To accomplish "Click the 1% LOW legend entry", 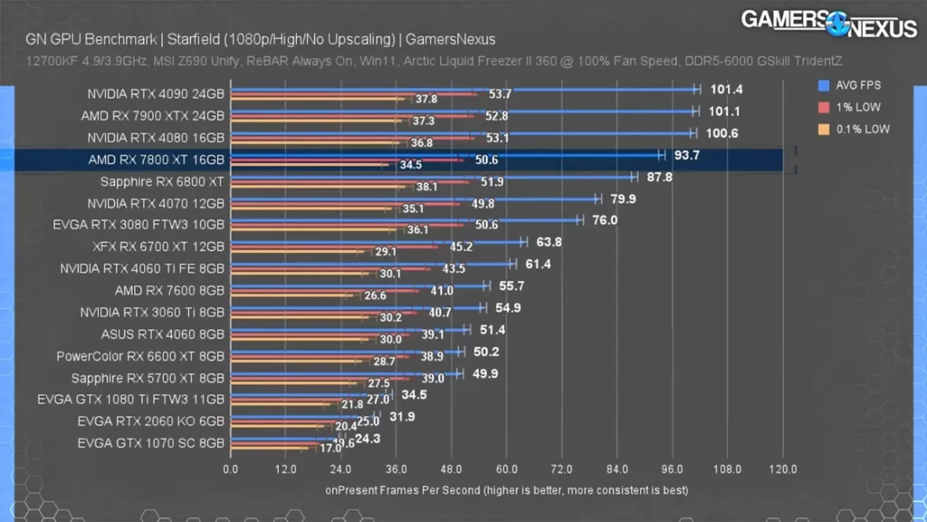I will pyautogui.click(x=855, y=108).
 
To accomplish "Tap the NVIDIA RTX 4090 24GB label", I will pyautogui.click(x=156, y=93).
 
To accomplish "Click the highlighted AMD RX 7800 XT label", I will pyautogui.click(x=156, y=159).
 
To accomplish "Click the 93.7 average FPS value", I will pyautogui.click(x=686, y=155).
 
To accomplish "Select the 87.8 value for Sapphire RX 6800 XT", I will pyautogui.click(x=659, y=177).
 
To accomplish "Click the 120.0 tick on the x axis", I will pyautogui.click(x=783, y=469).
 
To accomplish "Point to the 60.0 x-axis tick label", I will pyautogui.click(x=507, y=469).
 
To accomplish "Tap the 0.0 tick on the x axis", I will pyautogui.click(x=231, y=469).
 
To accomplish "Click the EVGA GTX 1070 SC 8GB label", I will pyautogui.click(x=151, y=443).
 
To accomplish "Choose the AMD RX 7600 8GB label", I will pyautogui.click(x=169, y=291).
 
